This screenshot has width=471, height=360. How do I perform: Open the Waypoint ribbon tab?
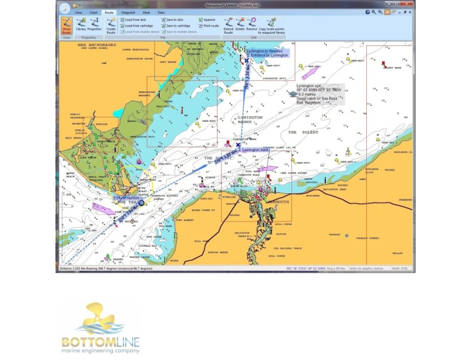pyautogui.click(x=127, y=12)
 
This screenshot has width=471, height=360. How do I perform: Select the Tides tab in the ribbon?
pyautogui.click(x=161, y=12)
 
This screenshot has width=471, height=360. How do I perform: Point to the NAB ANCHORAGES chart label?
pyautogui.click(x=97, y=45)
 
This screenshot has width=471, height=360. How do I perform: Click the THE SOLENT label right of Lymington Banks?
pyautogui.click(x=300, y=132)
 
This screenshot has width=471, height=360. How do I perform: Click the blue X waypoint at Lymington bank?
pyautogui.click(x=238, y=145)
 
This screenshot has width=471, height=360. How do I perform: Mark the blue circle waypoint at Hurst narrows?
pyautogui.click(x=141, y=203)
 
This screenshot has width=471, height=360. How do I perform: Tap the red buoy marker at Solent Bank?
pyautogui.click(x=383, y=63)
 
